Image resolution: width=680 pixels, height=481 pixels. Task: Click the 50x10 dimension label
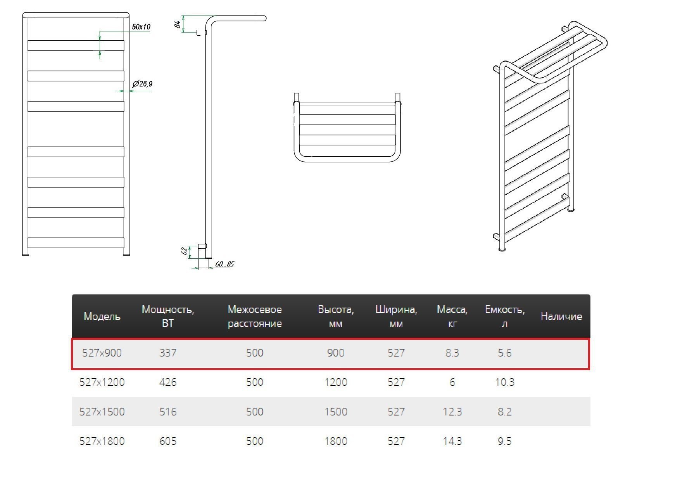pyautogui.click(x=141, y=27)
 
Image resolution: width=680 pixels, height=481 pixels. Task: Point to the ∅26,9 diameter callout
pyautogui.click(x=142, y=84)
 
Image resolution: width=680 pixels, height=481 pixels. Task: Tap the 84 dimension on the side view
pyautogui.click(x=178, y=24)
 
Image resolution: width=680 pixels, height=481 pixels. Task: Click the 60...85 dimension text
pyautogui.click(x=224, y=264)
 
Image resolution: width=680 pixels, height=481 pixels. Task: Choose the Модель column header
pyautogui.click(x=102, y=317)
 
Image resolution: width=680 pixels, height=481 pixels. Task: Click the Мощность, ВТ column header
pyautogui.click(x=168, y=316)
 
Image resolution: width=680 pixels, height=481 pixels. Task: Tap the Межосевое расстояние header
pyautogui.click(x=255, y=316)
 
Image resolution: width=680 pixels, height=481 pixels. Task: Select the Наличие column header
pyautogui.click(x=561, y=317)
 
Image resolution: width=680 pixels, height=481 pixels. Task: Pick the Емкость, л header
pyautogui.click(x=505, y=316)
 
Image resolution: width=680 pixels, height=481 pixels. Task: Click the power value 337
pyautogui.click(x=168, y=353)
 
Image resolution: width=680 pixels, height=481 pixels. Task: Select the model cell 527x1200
pyautogui.click(x=102, y=382)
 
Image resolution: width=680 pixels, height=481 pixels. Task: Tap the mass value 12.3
pyautogui.click(x=452, y=412)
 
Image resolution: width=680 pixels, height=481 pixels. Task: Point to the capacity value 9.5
pyautogui.click(x=505, y=441)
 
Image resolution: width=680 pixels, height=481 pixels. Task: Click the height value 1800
pyautogui.click(x=336, y=441)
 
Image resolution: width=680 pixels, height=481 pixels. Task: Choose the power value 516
pyautogui.click(x=168, y=412)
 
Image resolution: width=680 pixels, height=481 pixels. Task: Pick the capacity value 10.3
pyautogui.click(x=505, y=382)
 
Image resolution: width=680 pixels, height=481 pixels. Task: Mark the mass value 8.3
pyautogui.click(x=452, y=353)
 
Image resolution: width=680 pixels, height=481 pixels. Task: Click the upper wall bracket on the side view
pyautogui.click(x=201, y=33)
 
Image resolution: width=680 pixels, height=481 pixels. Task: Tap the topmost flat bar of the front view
pyautogui.click(x=76, y=45)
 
